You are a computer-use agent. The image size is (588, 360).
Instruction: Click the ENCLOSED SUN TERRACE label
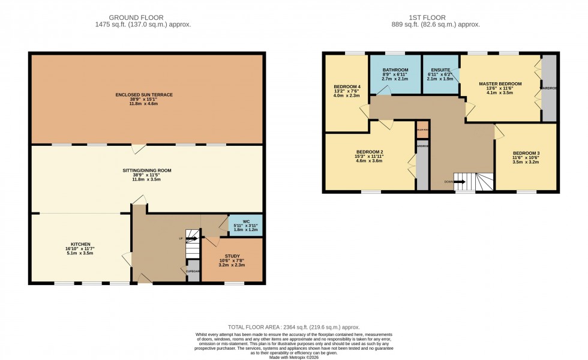pyautogui.click(x=144, y=95)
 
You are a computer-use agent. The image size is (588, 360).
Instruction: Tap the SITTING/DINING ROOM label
pyautogui.click(x=144, y=170)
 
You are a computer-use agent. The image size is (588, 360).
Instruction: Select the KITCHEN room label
pyautogui.click(x=80, y=244)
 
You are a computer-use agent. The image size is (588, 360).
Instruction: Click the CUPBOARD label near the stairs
pyautogui.click(x=193, y=271)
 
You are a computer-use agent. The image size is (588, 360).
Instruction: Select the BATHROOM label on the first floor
pyautogui.click(x=395, y=70)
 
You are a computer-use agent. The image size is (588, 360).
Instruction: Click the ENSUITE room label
pyautogui.click(x=440, y=70)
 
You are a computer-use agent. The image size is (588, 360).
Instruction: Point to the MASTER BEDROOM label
pyautogui.click(x=500, y=83)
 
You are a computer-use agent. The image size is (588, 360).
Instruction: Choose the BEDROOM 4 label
pyautogui.click(x=346, y=86)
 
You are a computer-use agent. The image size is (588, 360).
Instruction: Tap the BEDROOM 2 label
pyautogui.click(x=369, y=152)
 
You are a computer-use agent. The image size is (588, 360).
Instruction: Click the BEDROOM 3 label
pyautogui.click(x=526, y=154)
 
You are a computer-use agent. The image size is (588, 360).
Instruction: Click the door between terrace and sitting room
pyautogui.click(x=139, y=147)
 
